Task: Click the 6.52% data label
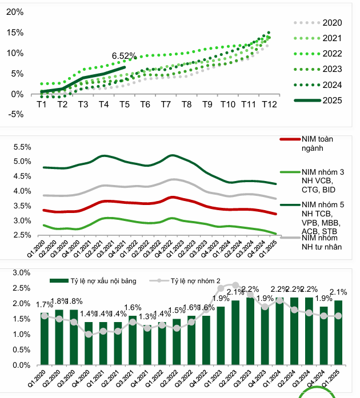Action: point(124,56)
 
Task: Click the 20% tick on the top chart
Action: point(15,12)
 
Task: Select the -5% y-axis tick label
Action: point(15,114)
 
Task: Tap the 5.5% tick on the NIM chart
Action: point(19,147)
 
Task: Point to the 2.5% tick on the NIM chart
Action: point(19,235)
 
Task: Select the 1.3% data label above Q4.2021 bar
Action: point(147,317)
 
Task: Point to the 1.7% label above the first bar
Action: point(44,305)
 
